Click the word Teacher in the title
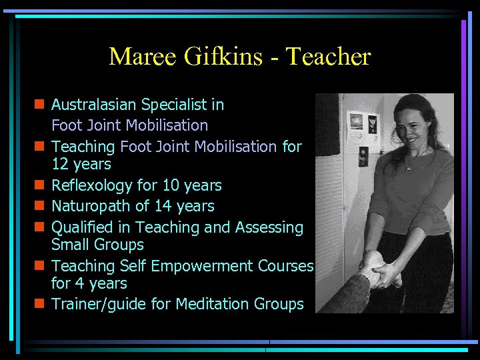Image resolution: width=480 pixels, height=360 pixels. (x=328, y=57)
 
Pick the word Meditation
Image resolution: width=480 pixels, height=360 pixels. (x=212, y=304)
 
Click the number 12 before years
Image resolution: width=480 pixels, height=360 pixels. (x=60, y=163)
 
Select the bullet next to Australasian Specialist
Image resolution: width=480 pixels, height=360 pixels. (x=40, y=105)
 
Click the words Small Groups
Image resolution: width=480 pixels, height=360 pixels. (x=97, y=245)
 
